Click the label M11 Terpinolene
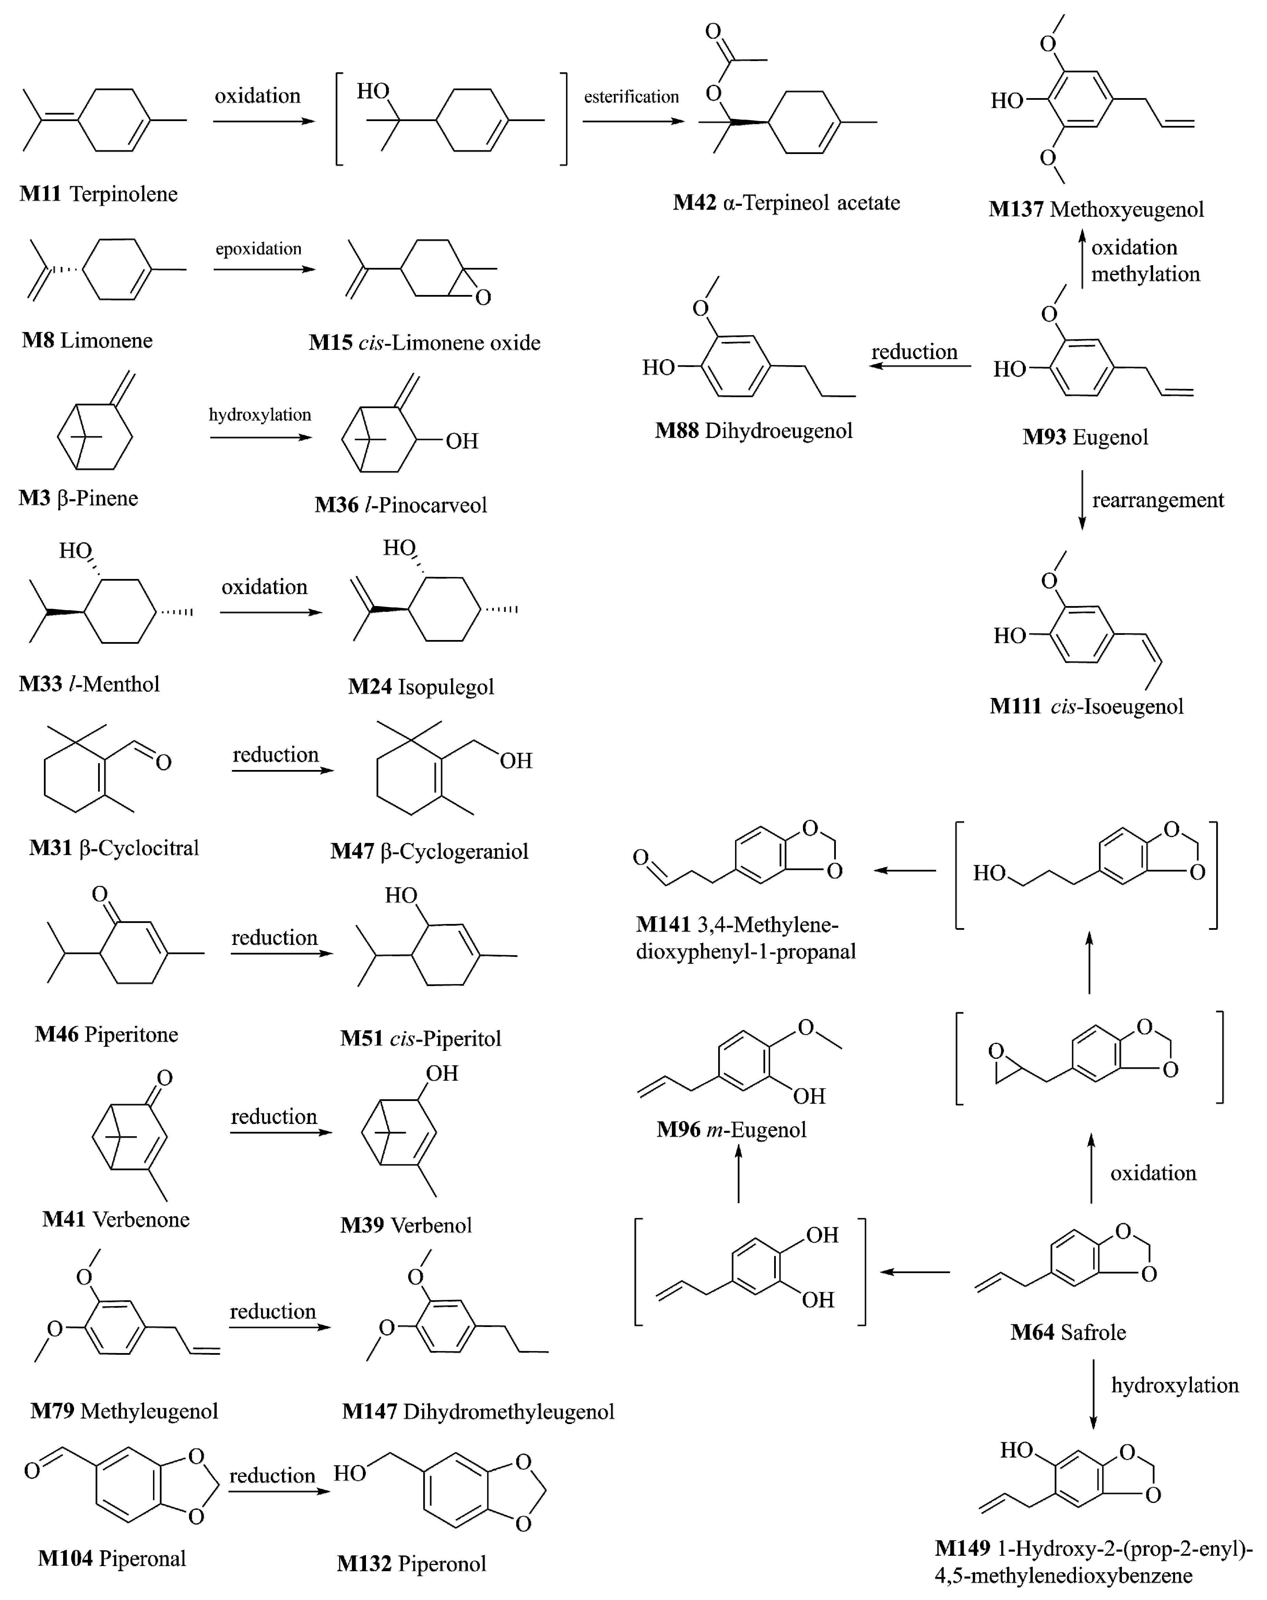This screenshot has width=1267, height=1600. pos(99,194)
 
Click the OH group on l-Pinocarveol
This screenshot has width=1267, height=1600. pos(461,441)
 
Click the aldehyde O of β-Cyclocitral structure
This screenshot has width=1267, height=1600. pos(163,762)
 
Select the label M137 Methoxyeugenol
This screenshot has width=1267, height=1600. pos(1096,209)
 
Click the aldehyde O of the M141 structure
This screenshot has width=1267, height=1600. pos(640,857)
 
